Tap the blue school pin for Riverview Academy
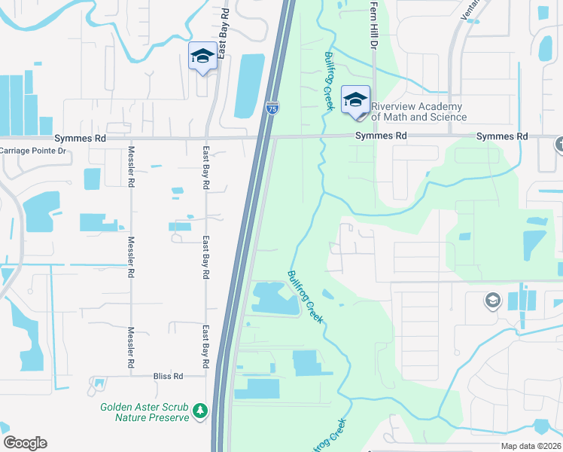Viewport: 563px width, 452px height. pyautogui.click(x=355, y=101)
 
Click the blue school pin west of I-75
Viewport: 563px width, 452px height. pyautogui.click(x=202, y=56)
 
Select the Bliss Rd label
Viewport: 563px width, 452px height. pyautogui.click(x=168, y=376)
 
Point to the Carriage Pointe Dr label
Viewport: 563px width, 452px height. pyautogui.click(x=33, y=151)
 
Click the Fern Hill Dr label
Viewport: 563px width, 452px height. pyautogui.click(x=373, y=26)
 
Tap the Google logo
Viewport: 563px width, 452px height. pyautogui.click(x=25, y=443)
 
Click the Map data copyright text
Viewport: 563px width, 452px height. pyautogui.click(x=531, y=446)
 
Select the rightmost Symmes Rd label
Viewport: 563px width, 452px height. pyautogui.click(x=502, y=136)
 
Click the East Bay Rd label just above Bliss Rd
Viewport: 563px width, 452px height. pyautogui.click(x=205, y=342)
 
